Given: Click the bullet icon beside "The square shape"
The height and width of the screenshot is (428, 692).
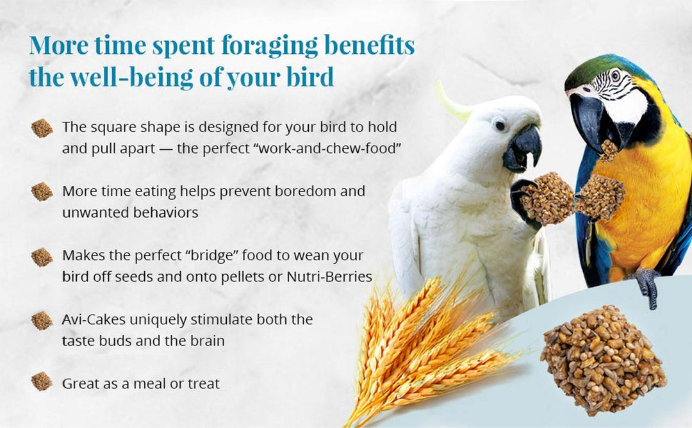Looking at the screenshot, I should click(x=42, y=128).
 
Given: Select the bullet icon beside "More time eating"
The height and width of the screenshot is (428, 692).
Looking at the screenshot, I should click(x=42, y=192).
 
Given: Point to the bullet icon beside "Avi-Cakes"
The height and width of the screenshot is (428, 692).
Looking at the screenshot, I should click(x=42, y=320).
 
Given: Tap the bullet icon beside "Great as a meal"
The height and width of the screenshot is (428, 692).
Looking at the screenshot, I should click(x=42, y=382).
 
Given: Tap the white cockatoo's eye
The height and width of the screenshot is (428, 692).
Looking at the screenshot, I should click(x=499, y=125).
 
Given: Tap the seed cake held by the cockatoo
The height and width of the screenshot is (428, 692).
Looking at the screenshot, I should click(x=548, y=199).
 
